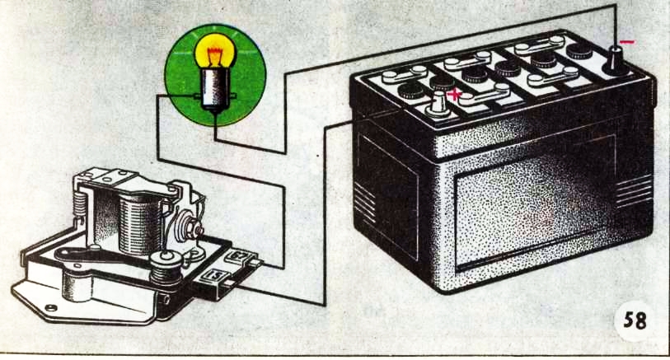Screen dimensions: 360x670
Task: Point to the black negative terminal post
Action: point(616,61)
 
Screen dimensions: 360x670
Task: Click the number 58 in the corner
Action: point(635,320)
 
